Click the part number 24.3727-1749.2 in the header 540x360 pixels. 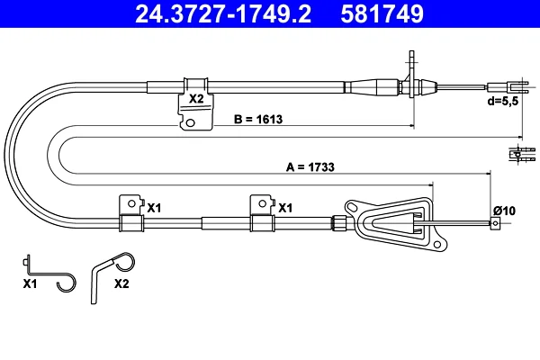[x=223, y=13]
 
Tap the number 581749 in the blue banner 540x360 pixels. [x=382, y=13]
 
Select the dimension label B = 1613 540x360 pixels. [x=258, y=119]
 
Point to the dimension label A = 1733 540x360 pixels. [x=310, y=167]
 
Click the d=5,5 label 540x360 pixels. [x=503, y=102]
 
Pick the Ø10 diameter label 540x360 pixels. [x=504, y=211]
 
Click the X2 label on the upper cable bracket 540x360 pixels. [x=196, y=99]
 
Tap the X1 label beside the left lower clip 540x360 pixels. [x=154, y=208]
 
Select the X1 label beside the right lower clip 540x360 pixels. [x=285, y=208]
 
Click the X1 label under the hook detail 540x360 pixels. [x=30, y=283]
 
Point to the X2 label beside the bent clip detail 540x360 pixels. [x=121, y=283]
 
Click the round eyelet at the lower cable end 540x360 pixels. [x=495, y=223]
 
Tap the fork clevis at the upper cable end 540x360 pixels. [x=508, y=87]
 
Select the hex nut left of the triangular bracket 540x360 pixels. [x=339, y=222]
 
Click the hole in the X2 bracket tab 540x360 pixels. [x=190, y=122]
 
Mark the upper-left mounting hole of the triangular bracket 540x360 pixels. [x=352, y=207]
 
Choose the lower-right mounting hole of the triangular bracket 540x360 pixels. [x=437, y=245]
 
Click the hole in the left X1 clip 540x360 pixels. [x=131, y=203]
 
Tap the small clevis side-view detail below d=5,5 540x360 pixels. [x=522, y=153]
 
